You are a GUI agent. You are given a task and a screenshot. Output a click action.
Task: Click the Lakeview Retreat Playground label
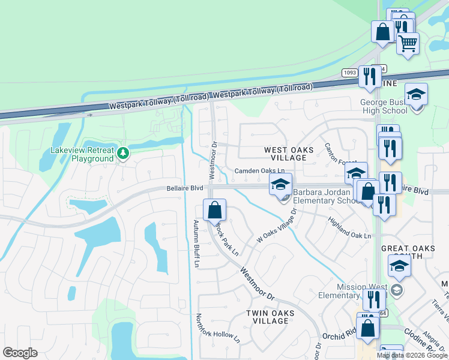82,154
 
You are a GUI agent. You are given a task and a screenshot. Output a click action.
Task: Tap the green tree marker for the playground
123,154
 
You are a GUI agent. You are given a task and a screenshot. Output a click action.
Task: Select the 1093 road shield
350,73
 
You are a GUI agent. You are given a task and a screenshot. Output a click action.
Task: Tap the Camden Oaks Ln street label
259,171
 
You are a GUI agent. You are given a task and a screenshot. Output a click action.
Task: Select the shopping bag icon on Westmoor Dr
214,211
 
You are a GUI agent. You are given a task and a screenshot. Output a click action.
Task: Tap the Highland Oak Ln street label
349,229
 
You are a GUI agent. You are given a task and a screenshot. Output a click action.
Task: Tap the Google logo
20,353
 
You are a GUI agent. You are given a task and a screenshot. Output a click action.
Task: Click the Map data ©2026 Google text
412,355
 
